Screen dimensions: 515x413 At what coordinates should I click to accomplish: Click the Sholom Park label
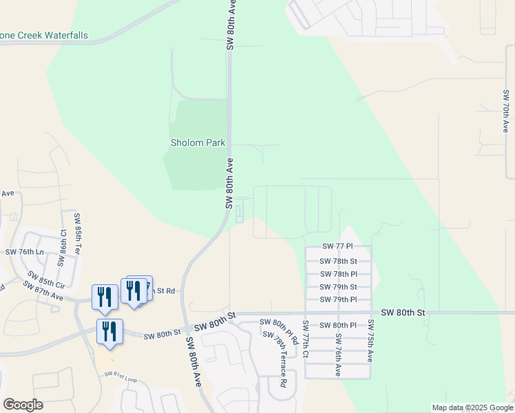pos(198,142)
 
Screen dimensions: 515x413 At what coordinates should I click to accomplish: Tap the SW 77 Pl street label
pos(338,246)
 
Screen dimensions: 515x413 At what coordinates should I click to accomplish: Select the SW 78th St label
pos(338,262)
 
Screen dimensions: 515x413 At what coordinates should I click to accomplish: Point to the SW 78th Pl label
pos(338,274)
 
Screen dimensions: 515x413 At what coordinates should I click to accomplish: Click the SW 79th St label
pos(338,287)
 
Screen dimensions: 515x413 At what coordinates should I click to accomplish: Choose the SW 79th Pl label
pos(338,299)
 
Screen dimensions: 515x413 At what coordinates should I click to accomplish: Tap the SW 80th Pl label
pos(338,325)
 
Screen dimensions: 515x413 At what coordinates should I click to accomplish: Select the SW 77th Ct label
pos(305,339)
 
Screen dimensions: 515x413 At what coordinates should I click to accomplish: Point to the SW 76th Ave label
pos(338,354)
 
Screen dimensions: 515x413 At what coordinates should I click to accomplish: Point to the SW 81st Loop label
pos(121,377)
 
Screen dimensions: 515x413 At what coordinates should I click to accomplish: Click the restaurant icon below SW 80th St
pos(109,332)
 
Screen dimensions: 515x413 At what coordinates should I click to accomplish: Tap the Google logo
pos(23,405)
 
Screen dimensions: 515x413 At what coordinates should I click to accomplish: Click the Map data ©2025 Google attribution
pos(472,407)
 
